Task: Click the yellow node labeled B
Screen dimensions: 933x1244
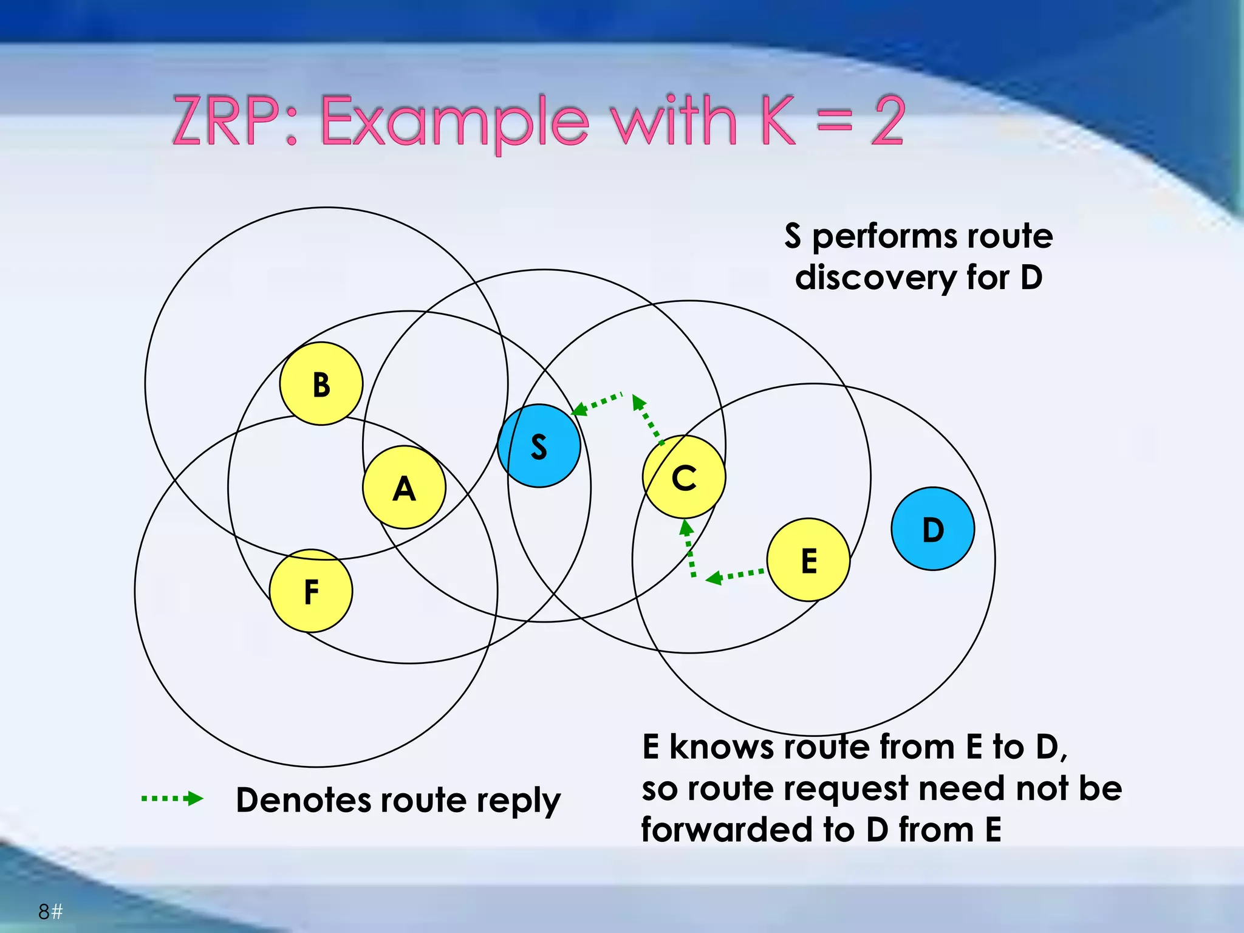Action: (x=321, y=384)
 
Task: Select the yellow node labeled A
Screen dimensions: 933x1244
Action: (x=404, y=488)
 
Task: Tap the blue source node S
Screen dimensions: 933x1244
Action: (x=539, y=446)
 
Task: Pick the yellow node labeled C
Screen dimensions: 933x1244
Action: (x=684, y=477)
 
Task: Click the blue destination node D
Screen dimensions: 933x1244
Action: (x=933, y=529)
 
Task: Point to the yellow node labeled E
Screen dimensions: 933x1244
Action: (x=808, y=560)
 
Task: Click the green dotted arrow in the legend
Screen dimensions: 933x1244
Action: (x=173, y=798)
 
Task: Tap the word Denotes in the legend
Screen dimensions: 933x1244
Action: (x=303, y=800)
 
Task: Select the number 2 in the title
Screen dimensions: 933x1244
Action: (x=887, y=121)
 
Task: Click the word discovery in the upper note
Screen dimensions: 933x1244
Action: (x=875, y=278)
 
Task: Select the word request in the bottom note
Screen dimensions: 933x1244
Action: (x=847, y=788)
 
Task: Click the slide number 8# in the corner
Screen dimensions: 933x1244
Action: (x=50, y=912)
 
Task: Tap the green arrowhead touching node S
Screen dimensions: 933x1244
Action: (x=579, y=409)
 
